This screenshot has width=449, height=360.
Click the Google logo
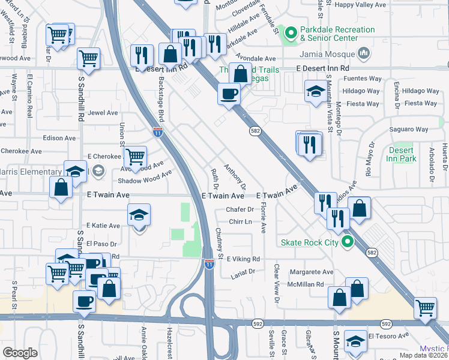[x=20, y=353]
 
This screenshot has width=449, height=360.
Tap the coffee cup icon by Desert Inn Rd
[x=229, y=94]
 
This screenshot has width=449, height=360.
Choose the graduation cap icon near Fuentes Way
[x=315, y=91]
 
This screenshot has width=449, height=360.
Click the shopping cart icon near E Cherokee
[x=136, y=157]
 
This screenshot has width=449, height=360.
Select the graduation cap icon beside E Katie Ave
[x=139, y=215]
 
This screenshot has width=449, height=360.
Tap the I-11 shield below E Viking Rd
[x=209, y=264]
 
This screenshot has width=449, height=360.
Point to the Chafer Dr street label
[x=240, y=209]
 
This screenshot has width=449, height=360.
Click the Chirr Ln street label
[x=240, y=221]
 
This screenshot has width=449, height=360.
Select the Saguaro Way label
[x=408, y=129]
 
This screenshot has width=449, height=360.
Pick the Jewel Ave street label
[x=103, y=113]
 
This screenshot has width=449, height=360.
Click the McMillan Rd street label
[x=306, y=284]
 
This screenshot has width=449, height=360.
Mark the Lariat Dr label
[x=243, y=271]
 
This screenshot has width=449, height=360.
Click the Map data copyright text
[x=423, y=355]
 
